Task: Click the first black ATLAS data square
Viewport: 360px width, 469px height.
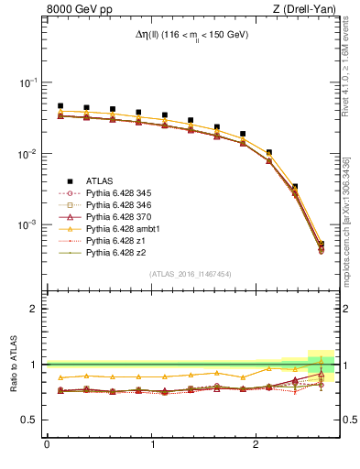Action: [60, 106]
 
